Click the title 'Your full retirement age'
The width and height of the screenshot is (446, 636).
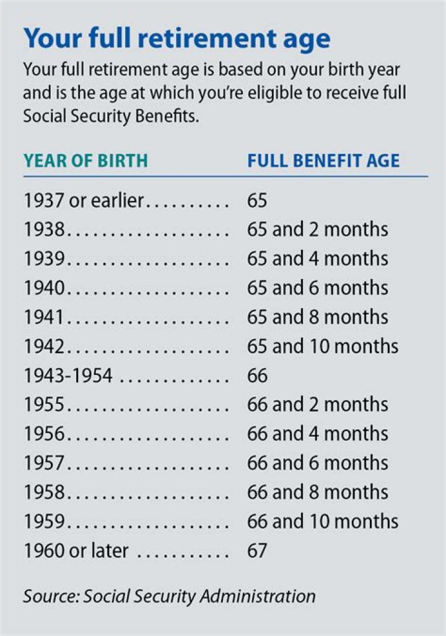tap(177, 38)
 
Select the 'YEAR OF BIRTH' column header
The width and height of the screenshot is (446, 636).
tap(85, 161)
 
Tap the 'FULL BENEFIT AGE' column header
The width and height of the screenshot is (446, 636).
tap(323, 161)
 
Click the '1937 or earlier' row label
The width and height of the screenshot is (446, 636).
tap(84, 200)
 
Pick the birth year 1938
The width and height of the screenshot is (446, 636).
tap(45, 230)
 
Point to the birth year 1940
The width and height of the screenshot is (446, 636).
tap(45, 288)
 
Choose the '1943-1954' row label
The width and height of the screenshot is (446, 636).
tap(68, 376)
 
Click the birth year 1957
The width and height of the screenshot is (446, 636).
tap(45, 463)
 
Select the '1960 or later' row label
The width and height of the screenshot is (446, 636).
tap(76, 551)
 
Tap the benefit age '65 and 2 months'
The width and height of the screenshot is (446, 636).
tap(317, 230)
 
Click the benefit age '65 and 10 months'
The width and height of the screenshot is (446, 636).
tap(322, 346)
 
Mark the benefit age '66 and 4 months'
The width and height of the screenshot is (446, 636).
tap(317, 434)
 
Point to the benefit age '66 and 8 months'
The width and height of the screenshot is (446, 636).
tap(317, 492)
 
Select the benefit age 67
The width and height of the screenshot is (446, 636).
tap(257, 551)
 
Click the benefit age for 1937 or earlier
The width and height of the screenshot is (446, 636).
tap(257, 200)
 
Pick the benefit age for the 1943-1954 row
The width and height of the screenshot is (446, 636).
tap(257, 376)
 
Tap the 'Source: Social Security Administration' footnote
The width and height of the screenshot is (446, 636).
tap(169, 596)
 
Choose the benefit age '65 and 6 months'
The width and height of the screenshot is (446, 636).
tap(317, 288)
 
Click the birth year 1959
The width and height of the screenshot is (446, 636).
tap(45, 522)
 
